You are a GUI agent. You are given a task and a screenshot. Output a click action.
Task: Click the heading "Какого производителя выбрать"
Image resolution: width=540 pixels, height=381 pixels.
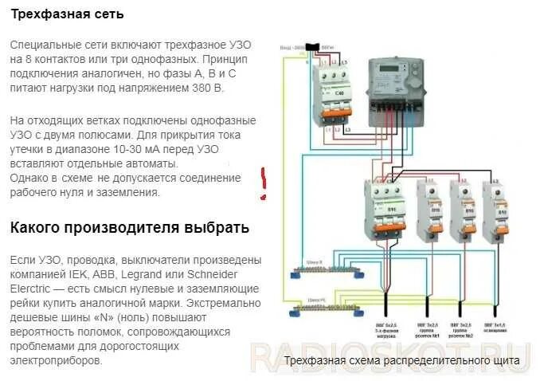pyautogui.click(x=129, y=227)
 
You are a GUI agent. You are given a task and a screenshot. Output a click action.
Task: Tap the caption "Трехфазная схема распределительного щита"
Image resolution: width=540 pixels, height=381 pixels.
pyautogui.click(x=401, y=361)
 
